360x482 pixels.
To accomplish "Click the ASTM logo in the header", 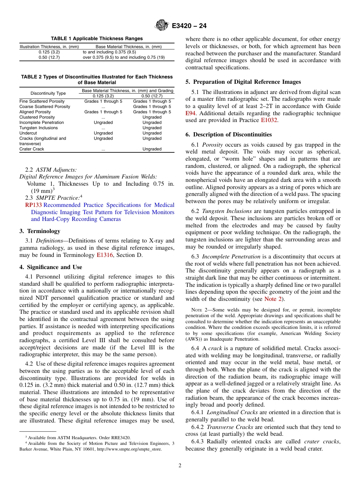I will pos(162,26).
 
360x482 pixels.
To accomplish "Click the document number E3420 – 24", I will pos(189,26).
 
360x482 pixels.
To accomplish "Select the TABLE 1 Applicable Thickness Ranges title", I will pos(97,39).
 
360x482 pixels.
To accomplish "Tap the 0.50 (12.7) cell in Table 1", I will pos(49,58).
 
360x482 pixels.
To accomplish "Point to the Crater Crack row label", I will pos(31,149).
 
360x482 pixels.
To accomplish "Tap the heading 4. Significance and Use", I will pos(50,267).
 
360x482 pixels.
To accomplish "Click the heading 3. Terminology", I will pos(40,231).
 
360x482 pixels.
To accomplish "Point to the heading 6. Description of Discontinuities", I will pos(229,135).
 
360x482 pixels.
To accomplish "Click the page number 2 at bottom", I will pos(180,466).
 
